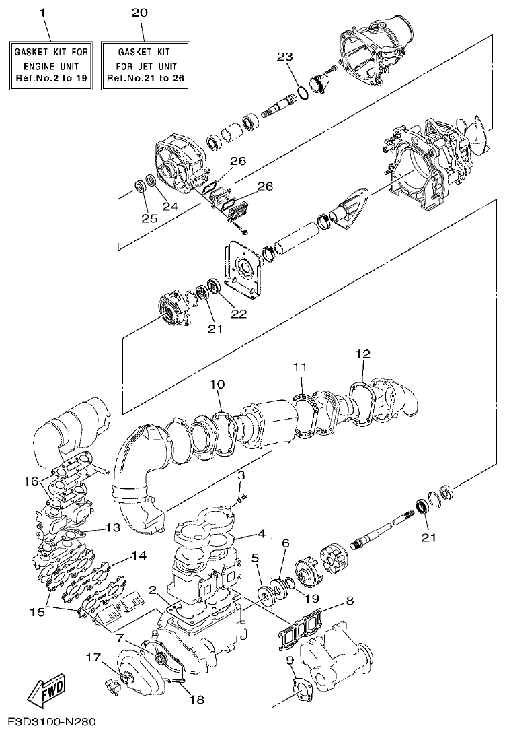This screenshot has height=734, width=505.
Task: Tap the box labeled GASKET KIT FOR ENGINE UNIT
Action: (x=47, y=66)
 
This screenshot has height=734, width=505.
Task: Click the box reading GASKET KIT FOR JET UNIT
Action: (x=145, y=66)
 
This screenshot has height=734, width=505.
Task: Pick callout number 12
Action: (x=362, y=354)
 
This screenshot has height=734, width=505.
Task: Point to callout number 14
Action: (x=139, y=556)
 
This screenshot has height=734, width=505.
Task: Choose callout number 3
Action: (x=241, y=476)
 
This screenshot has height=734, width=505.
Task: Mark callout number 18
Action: (x=197, y=699)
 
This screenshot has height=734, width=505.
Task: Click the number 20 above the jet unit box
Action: (x=141, y=13)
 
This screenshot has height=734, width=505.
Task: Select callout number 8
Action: (x=349, y=600)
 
